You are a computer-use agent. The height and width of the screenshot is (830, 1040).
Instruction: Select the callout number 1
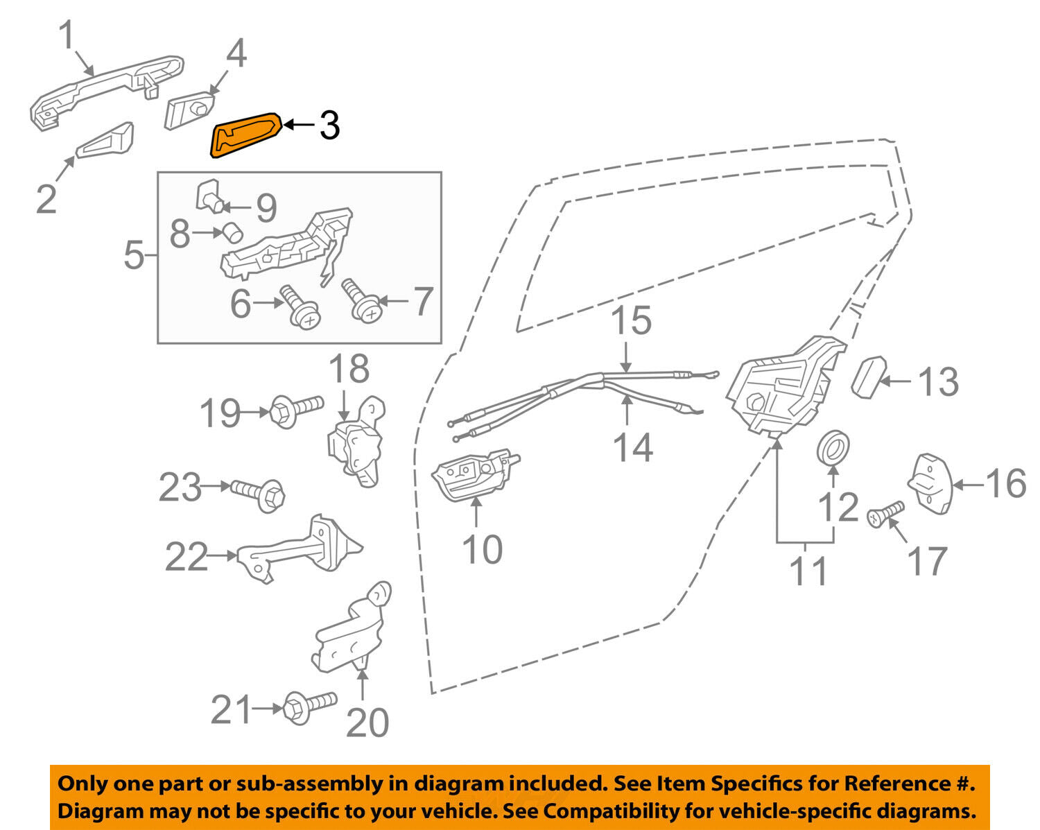(67, 36)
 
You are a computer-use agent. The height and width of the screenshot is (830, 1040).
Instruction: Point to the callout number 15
(632, 320)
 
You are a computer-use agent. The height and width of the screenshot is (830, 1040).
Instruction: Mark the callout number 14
(633, 447)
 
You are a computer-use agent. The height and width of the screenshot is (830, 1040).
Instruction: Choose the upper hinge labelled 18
(356, 441)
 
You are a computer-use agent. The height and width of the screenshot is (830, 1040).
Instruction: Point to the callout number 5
(134, 256)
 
